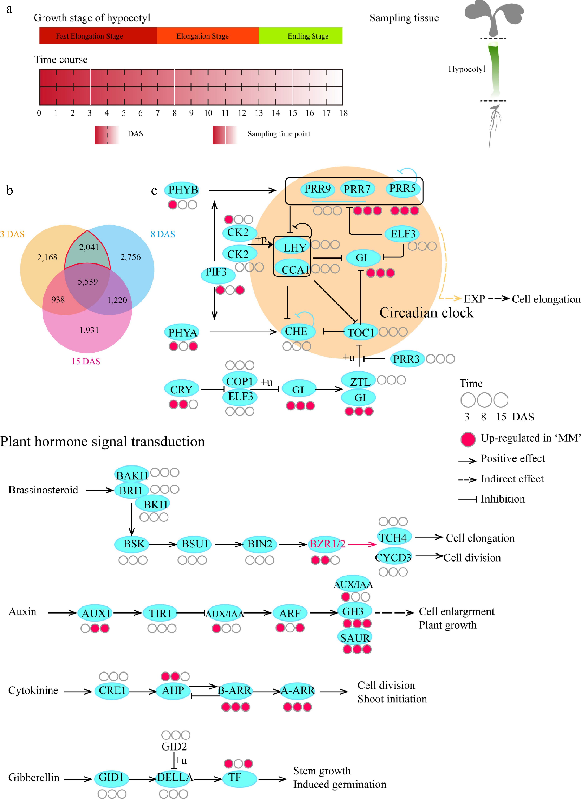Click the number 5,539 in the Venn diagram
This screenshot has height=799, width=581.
coord(88,282)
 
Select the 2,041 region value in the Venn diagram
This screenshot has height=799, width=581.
coord(89,247)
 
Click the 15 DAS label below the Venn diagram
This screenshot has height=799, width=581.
coord(86,361)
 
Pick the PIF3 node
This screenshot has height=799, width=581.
coord(216,272)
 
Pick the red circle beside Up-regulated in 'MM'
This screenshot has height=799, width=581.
coord(468,439)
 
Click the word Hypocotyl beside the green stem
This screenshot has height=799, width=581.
coord(466,69)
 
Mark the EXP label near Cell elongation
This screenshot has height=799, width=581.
coord(474,299)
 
